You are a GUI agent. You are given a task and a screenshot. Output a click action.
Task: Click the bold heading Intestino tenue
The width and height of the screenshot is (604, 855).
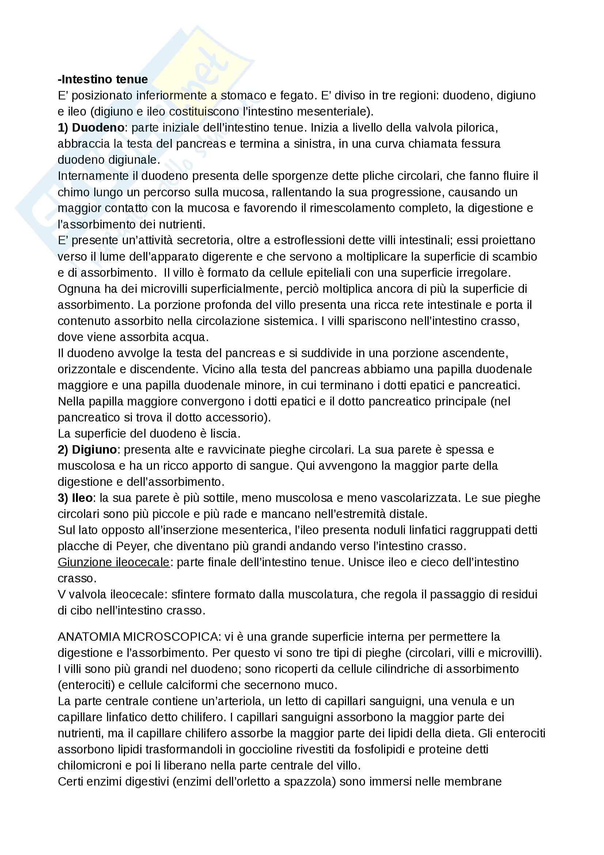pos(103,79)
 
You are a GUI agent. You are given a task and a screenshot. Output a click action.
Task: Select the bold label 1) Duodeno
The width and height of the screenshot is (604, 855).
pos(91,128)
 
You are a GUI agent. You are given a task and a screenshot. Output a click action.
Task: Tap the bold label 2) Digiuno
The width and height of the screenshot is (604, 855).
pos(87,450)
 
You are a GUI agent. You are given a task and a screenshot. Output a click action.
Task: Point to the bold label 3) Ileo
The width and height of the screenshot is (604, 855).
pos(75,498)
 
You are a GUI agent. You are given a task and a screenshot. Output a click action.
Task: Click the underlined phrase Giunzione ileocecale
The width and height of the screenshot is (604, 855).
pos(114,562)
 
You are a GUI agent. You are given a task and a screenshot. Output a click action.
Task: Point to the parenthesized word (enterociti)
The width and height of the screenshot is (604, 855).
pos(86,685)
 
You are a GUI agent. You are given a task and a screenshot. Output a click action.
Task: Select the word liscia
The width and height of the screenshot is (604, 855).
pos(223,434)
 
